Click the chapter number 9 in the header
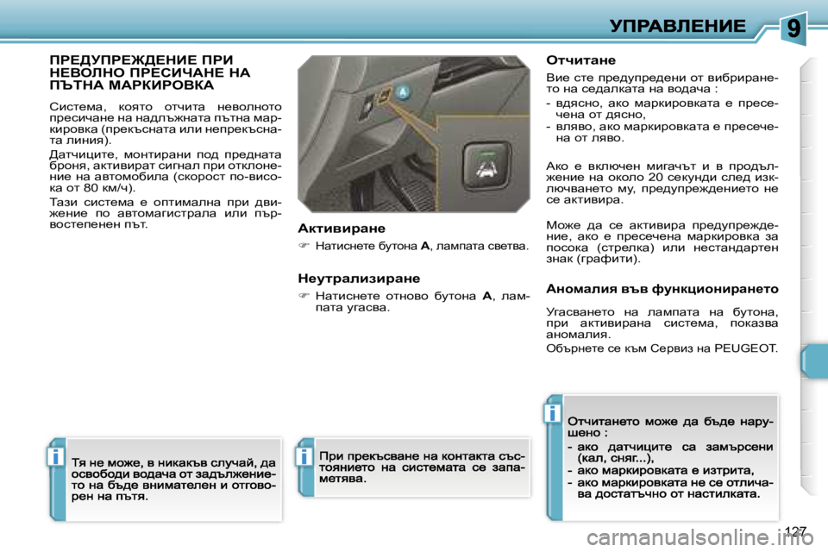pos(794,28)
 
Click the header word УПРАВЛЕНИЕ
pos(677,26)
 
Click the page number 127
pos(796,530)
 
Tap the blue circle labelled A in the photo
pos(403,94)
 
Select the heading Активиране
pos(341,229)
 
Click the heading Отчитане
pos(581,60)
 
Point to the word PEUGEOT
pos(745,348)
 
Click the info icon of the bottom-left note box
pos(56,456)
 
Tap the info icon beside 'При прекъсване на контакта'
pos(304,456)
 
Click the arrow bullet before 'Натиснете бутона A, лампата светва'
pos(304,247)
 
